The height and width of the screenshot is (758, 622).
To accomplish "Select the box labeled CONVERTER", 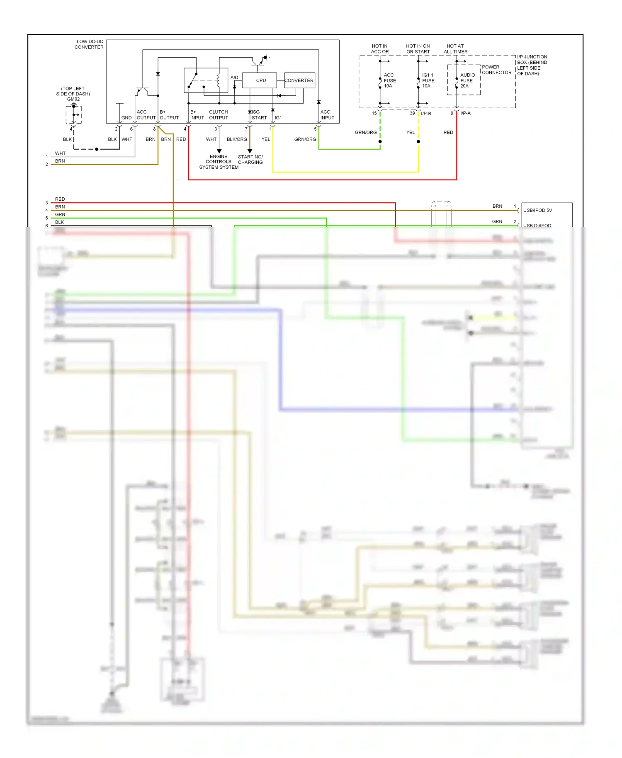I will point(299,80).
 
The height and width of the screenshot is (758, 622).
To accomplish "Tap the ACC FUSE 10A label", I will point(389,80).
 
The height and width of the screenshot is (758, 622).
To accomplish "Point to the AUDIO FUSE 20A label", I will point(467,80).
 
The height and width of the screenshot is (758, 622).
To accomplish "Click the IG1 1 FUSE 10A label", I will point(428,80).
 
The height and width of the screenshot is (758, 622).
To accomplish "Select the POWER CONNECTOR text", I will point(496,70).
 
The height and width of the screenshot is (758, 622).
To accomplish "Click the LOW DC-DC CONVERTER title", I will point(89,44).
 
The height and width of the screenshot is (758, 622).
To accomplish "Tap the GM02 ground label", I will point(73,99).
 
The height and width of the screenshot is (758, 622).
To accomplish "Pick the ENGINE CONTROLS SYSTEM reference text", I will point(219,162).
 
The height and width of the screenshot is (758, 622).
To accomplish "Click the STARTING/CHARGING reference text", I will point(250,160).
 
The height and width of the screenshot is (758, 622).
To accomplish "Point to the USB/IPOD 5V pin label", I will point(537,210).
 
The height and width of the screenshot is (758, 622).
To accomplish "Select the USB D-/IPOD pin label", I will point(537,226).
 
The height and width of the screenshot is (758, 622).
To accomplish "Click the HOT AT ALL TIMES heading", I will point(455,49).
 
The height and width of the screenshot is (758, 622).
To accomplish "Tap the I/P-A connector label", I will point(465,113).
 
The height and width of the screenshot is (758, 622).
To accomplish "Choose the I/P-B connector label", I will point(426,114).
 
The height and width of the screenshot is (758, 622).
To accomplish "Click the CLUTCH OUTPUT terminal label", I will point(219,115).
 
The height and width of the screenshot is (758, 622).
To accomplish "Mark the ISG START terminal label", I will point(259,115).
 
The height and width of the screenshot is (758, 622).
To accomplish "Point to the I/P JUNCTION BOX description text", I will point(532,65).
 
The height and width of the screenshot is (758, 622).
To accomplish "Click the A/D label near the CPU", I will point(234,78).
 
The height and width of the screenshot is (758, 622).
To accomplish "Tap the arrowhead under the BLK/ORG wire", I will point(250,151).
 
